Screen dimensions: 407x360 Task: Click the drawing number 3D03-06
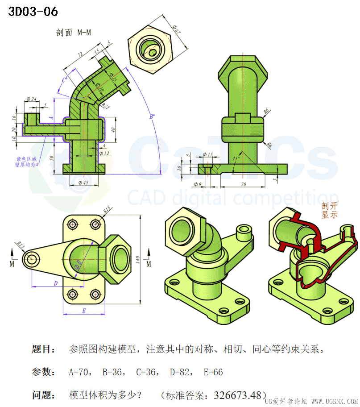coord(33,12)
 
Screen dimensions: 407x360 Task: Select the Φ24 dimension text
coord(31,99)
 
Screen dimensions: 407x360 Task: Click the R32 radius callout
coord(105,106)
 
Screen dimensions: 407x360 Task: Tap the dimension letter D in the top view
coord(55,283)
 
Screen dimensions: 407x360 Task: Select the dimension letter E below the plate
coord(83,311)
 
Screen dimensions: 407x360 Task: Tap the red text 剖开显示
coord(330,210)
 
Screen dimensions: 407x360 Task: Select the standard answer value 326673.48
coord(237,395)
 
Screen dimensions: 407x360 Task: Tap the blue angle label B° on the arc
coord(153,117)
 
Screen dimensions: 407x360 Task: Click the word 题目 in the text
coord(44,349)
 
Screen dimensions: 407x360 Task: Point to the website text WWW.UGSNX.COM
coord(334,402)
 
